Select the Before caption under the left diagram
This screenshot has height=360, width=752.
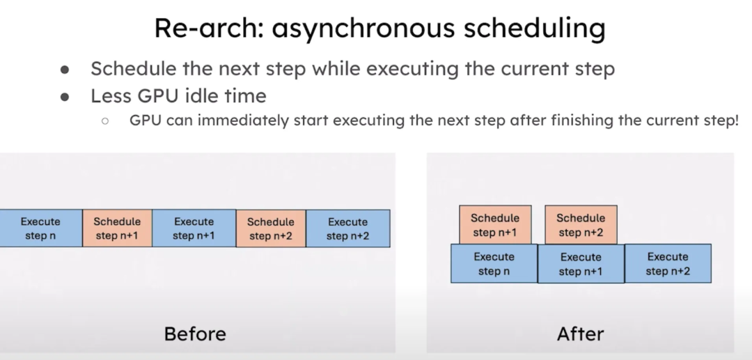195,334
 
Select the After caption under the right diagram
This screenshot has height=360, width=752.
580,334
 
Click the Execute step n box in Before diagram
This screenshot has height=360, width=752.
41,228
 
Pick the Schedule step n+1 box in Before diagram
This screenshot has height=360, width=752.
117,228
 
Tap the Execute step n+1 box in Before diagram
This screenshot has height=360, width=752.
194,228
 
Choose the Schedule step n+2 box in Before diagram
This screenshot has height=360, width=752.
271,228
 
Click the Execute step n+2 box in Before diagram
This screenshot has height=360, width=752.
347,228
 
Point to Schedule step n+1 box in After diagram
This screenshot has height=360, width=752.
495,225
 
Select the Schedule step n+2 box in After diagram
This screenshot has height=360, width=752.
581,225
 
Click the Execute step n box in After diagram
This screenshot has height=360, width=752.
494,264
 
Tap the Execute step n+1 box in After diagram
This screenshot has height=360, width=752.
581,264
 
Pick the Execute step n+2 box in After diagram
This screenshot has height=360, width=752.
668,264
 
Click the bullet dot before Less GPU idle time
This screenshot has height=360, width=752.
65,97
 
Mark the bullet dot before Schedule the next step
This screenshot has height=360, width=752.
65,70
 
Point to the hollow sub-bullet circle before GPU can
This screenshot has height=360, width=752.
105,121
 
